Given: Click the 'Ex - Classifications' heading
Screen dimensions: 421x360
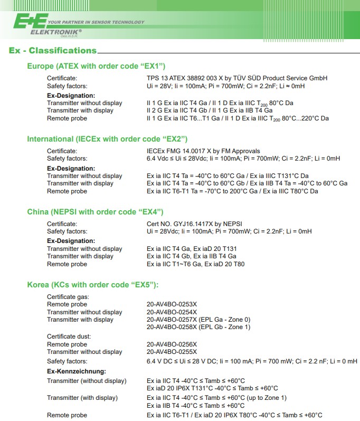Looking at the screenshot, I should [x=53, y=51].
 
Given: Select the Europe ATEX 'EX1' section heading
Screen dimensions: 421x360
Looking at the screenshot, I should [x=96, y=66].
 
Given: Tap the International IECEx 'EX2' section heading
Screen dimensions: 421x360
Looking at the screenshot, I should [x=107, y=139].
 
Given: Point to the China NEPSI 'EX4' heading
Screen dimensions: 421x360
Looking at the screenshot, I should [x=95, y=212].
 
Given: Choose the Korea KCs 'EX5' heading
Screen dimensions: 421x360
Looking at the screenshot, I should [x=92, y=285].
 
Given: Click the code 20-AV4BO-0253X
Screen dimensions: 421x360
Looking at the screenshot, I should [x=172, y=304].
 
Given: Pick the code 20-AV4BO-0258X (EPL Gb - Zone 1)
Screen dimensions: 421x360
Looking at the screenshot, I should [x=198, y=327].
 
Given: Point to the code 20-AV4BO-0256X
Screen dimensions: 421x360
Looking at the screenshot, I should [x=172, y=344].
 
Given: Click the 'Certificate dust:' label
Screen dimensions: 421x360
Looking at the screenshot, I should [x=69, y=336].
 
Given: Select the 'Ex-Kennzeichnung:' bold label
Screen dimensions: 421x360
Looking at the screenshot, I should [x=76, y=371].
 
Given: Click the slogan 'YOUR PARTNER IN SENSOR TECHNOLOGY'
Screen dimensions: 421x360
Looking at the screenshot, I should [x=96, y=22].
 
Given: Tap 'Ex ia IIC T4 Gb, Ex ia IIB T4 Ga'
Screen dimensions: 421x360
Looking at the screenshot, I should [x=191, y=256].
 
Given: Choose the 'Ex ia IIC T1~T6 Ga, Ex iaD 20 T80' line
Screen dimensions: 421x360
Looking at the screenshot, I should [x=195, y=264].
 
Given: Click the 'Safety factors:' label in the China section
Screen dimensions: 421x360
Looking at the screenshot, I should [x=67, y=231].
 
